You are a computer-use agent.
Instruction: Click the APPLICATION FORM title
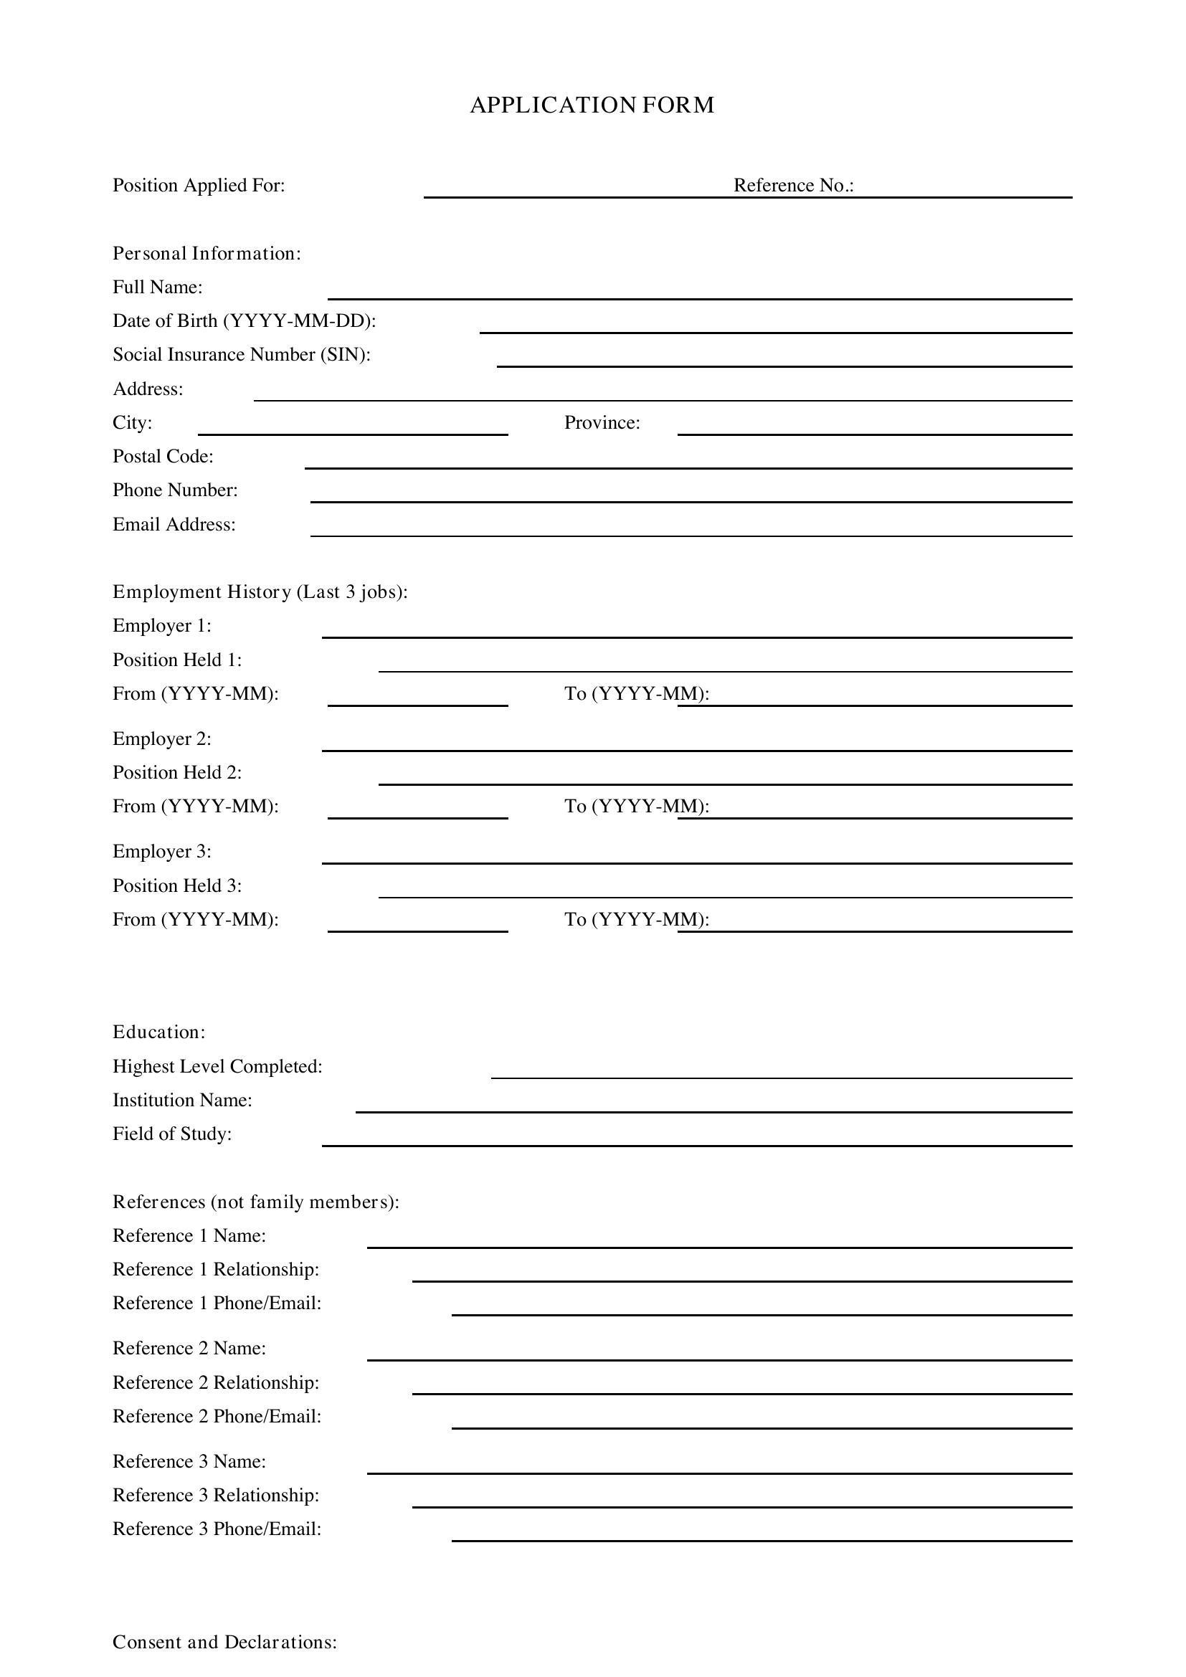(592, 105)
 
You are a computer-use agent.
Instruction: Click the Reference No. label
(793, 186)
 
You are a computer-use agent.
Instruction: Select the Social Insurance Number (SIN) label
(242, 355)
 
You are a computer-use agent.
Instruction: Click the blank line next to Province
(874, 429)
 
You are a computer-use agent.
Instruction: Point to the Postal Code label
(163, 457)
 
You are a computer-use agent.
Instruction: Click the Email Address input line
(691, 531)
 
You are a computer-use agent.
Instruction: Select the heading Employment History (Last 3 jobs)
(260, 592)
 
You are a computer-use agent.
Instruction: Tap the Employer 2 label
(162, 739)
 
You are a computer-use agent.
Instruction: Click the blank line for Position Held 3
(724, 892)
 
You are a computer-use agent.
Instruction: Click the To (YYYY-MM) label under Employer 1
(636, 694)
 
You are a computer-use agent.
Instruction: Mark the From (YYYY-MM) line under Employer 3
(417, 926)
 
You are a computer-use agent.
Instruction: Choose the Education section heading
(159, 1032)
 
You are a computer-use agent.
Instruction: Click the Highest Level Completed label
(218, 1066)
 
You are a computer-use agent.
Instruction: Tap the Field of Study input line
(697, 1140)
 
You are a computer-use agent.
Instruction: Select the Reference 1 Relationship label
(216, 1270)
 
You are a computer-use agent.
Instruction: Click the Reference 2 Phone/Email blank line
(761, 1422)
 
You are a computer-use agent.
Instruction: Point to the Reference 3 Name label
(189, 1461)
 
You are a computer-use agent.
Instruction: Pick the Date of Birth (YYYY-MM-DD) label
(245, 321)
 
